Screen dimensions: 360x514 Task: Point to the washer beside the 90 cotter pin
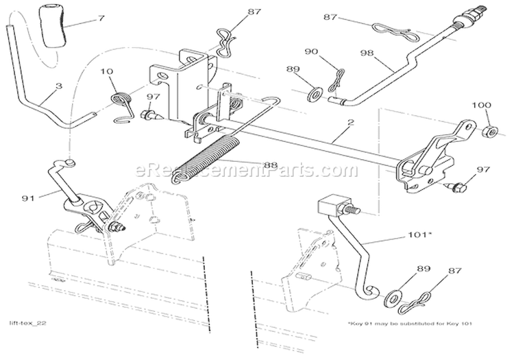tap(316, 92)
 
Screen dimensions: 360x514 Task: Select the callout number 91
tap(29, 199)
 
